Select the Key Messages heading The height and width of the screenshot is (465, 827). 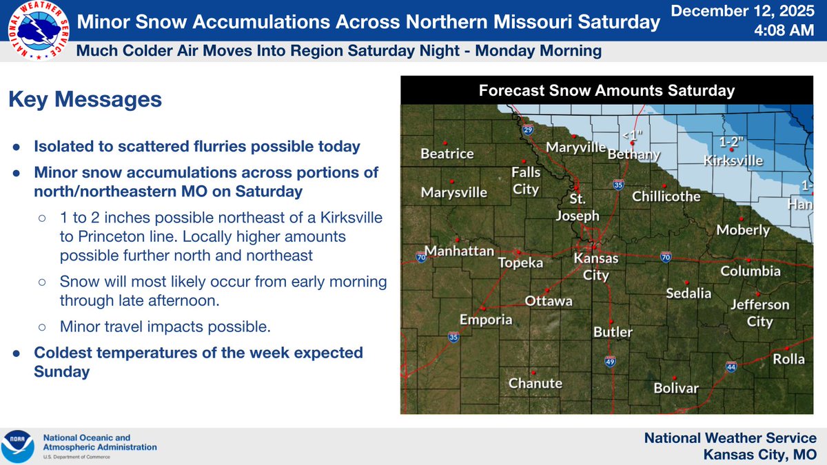click(x=85, y=100)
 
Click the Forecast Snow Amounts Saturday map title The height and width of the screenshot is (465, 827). click(x=607, y=91)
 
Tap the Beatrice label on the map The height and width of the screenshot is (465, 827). click(x=447, y=154)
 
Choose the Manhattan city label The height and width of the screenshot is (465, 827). click(x=460, y=251)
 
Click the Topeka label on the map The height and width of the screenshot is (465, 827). click(x=521, y=263)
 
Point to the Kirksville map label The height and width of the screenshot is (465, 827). click(x=733, y=161)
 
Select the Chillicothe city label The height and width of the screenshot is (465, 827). click(x=666, y=197)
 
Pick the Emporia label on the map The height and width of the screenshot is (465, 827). click(x=487, y=320)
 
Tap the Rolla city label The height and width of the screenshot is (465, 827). click(x=788, y=359)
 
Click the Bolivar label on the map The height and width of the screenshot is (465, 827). click(x=676, y=389)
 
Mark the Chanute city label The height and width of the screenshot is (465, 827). click(x=535, y=384)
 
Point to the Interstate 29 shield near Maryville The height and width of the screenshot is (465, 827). click(x=527, y=129)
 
